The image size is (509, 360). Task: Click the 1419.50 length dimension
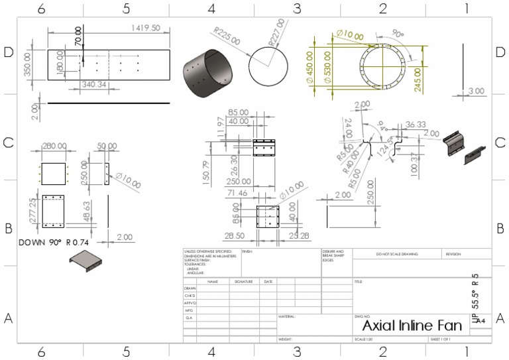[146, 29]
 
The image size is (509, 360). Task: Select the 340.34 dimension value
[93, 85]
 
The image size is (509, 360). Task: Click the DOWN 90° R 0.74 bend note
[58, 243]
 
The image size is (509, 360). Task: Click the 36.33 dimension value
[415, 125]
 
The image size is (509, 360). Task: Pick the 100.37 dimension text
[414, 165]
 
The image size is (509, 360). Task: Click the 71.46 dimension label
[240, 193]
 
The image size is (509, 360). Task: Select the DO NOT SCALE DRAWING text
[396, 254]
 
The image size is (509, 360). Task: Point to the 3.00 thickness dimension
[476, 91]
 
